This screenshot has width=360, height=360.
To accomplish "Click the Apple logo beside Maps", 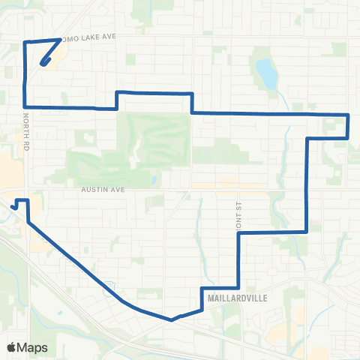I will pyautogui.click(x=11, y=347).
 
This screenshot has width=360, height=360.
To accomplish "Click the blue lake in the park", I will pyautogui.click(x=266, y=73).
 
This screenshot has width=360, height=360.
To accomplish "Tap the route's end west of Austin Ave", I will pyautogui.click(x=13, y=205).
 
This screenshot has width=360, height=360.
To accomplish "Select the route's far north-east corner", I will pyautogui.click(x=349, y=115).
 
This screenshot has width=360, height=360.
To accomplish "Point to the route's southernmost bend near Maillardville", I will pyautogui.click(x=172, y=319).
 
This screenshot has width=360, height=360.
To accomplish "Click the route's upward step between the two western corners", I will pyautogui.click(x=117, y=99).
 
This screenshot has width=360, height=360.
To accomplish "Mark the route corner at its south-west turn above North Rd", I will pyautogui.click(x=26, y=107).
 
